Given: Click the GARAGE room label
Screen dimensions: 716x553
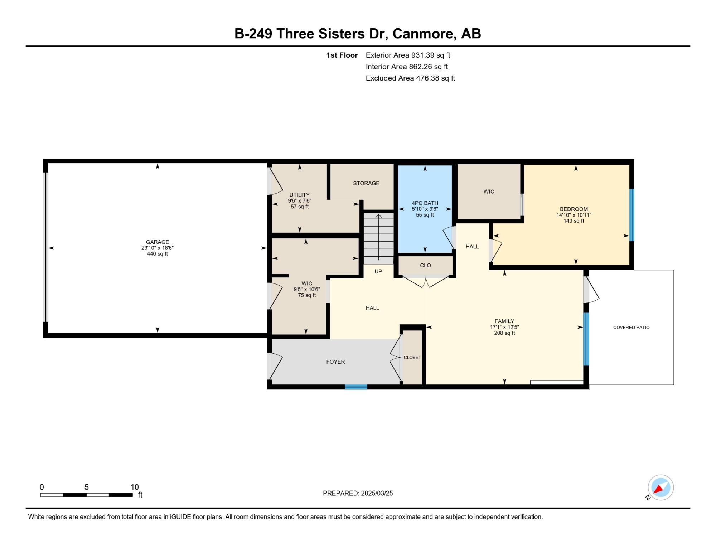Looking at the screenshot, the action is (158, 242).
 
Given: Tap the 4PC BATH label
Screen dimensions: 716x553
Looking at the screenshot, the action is (425, 203).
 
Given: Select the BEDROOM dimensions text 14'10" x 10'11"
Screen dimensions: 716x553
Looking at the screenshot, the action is (574, 215).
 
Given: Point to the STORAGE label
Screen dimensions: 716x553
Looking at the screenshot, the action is (366, 183).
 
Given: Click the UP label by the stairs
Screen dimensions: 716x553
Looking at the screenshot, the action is (378, 271).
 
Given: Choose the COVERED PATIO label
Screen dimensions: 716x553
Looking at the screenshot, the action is (632, 328).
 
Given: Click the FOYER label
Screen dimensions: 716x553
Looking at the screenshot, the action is (335, 362).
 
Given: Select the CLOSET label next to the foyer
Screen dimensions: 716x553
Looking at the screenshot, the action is (412, 358).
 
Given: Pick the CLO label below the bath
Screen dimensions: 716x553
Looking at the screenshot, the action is (426, 265).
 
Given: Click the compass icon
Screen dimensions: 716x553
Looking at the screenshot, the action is (661, 487).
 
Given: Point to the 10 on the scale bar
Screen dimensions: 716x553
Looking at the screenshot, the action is (135, 487).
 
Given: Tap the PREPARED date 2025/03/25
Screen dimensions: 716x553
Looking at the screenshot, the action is (377, 493).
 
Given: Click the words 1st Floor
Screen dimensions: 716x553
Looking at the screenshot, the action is (342, 55).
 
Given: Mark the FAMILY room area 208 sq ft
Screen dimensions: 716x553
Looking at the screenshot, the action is (504, 333).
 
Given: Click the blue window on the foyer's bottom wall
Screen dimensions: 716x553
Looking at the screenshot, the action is (356, 387).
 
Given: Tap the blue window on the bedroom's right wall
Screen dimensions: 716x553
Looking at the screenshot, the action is (632, 215).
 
